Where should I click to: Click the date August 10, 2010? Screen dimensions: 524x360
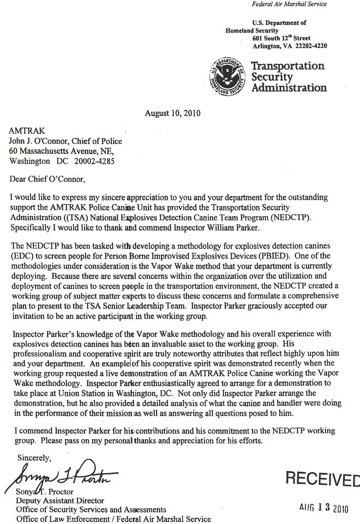pos(172,114)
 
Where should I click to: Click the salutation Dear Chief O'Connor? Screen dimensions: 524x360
pos(48,178)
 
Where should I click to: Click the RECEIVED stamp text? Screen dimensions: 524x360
pos(322,479)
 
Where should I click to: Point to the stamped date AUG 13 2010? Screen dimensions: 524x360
pos(323,505)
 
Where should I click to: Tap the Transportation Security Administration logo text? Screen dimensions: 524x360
pos(287,77)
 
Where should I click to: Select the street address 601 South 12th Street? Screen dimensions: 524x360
pos(282,39)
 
